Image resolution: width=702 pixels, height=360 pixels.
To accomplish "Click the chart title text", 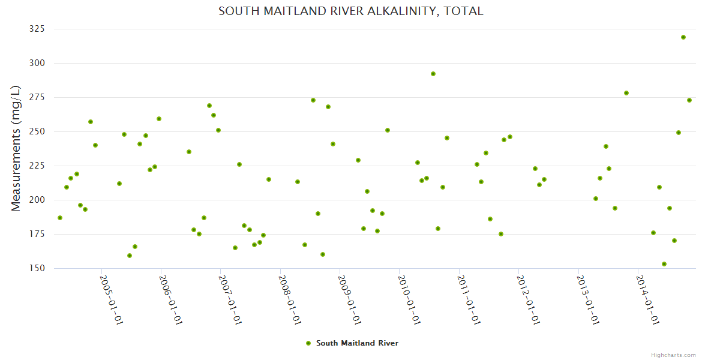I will [350, 11].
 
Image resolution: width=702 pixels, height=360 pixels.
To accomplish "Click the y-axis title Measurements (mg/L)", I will [16, 148].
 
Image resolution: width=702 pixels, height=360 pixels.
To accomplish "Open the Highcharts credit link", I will [673, 355].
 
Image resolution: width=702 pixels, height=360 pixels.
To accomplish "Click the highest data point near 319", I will [683, 37].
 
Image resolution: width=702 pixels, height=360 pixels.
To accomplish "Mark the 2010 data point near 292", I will [433, 74].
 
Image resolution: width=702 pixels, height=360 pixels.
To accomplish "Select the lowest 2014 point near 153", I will [664, 264].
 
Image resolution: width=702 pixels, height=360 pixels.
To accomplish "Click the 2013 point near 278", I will [626, 93].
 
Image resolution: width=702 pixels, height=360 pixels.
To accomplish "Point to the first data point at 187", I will [60, 218].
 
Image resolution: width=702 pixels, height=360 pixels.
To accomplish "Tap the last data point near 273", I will [689, 100].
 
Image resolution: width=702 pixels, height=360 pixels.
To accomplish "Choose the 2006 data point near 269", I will [209, 106].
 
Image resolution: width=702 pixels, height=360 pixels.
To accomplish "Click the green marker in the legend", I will [308, 343].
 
